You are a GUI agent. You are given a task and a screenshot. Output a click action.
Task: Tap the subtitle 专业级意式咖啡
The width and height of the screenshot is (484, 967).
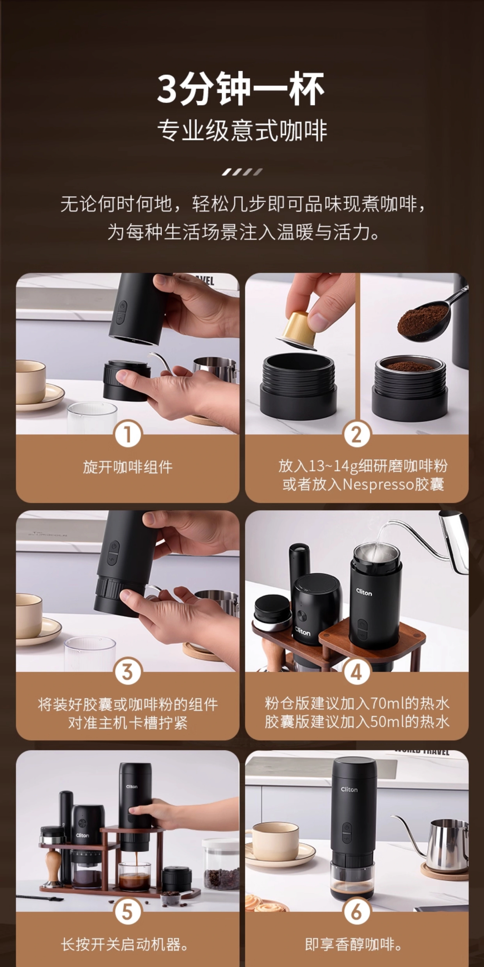point(242,131)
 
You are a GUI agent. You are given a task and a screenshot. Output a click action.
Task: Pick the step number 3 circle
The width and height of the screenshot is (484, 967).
point(128,671)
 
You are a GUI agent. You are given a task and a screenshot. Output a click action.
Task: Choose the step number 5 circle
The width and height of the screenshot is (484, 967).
point(128,911)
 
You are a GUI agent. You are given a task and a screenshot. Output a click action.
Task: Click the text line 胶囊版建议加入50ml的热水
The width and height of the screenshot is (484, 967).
point(357,722)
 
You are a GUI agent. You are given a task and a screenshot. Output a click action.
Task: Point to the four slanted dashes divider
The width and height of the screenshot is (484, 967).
point(242,172)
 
